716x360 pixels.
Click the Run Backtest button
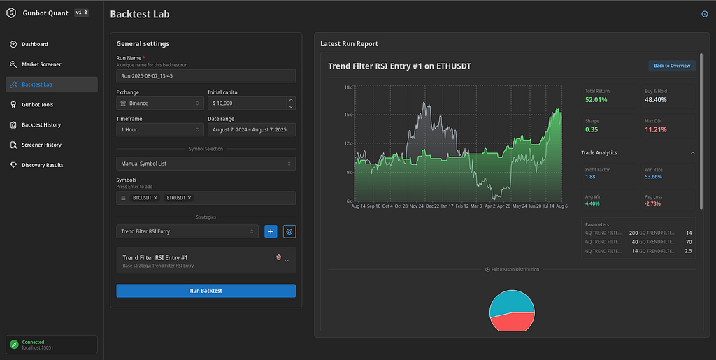[x=206, y=291]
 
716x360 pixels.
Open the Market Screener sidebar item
[x=41, y=64]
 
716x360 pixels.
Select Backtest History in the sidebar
[x=41, y=124]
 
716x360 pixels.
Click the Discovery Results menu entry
[x=42, y=165]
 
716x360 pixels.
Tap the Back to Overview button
[x=671, y=66]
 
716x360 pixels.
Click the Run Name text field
[x=206, y=75]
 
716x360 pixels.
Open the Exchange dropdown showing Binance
[x=159, y=103]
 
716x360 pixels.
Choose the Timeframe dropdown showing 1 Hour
[x=159, y=130]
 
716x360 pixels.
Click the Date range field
[x=251, y=130]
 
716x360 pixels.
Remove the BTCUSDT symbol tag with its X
[x=155, y=199]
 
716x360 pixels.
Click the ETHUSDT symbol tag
[x=176, y=199]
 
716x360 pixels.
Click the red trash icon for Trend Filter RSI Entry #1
[x=279, y=258]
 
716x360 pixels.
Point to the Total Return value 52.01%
[x=596, y=100]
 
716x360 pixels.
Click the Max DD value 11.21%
[x=656, y=130]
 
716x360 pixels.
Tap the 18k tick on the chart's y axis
[x=348, y=87]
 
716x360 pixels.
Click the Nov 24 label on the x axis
[x=417, y=206]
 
